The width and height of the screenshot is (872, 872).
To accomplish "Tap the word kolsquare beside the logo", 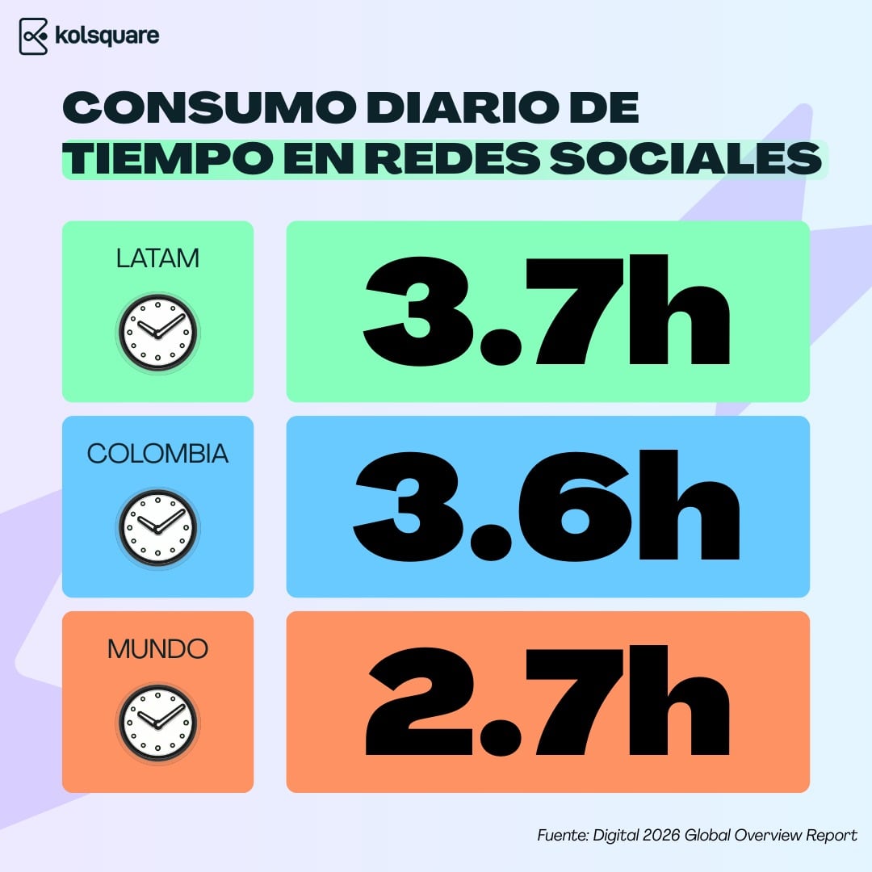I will tap(108, 36).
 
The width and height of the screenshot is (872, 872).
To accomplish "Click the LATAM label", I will tap(157, 258).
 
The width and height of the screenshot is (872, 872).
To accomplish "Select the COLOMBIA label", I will tap(157, 454).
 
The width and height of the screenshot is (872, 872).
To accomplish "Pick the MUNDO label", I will tap(157, 648).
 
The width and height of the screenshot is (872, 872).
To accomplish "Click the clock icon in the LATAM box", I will tap(157, 332).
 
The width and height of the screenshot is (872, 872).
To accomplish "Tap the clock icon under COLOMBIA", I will tap(157, 526).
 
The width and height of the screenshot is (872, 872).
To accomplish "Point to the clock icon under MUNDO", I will tap(157, 722).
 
